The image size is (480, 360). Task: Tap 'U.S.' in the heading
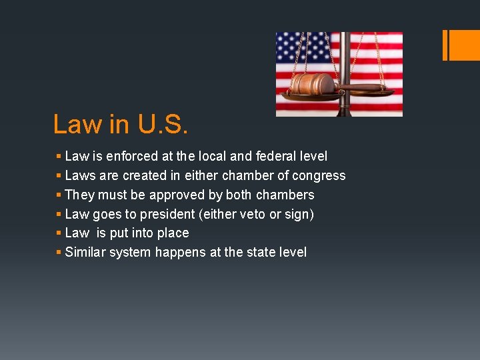163,124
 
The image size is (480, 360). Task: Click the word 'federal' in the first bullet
280,156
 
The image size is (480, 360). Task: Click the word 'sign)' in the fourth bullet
301,215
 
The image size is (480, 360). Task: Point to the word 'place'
173,233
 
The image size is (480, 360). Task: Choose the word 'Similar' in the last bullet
86,252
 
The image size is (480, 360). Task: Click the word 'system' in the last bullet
130,253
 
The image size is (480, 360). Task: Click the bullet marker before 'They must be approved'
59,195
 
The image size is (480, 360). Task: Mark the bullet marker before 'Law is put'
59,233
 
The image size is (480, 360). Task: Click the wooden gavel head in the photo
311,84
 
